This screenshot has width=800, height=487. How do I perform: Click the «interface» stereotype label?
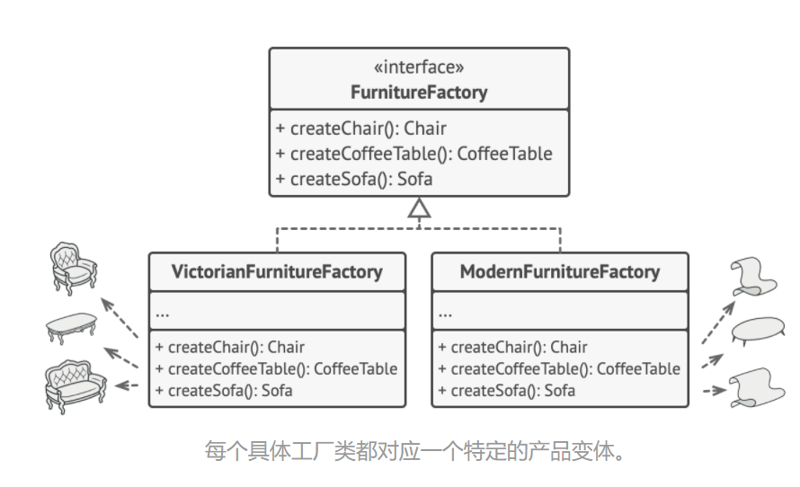pos(419,67)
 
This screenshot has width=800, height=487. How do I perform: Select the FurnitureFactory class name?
pos(419,92)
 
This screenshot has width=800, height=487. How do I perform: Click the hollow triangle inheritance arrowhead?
pos(419,208)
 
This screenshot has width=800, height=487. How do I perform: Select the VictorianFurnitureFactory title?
pos(277,271)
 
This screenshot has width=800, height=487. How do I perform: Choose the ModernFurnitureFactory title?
pos(559,271)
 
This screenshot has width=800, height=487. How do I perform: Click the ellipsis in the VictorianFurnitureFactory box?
pos(163,314)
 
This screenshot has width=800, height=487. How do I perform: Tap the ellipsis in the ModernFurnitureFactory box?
pos(446,314)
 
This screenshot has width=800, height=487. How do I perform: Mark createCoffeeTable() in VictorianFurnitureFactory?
pos(276,368)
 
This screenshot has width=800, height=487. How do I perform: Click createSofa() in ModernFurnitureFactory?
pos(506,391)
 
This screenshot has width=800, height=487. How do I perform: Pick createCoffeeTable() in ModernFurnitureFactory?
pos(559,368)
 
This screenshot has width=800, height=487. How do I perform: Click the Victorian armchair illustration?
pos(72,268)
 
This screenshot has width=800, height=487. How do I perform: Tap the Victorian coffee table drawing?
pos(71,328)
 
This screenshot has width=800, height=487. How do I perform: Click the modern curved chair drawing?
pos(752,277)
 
